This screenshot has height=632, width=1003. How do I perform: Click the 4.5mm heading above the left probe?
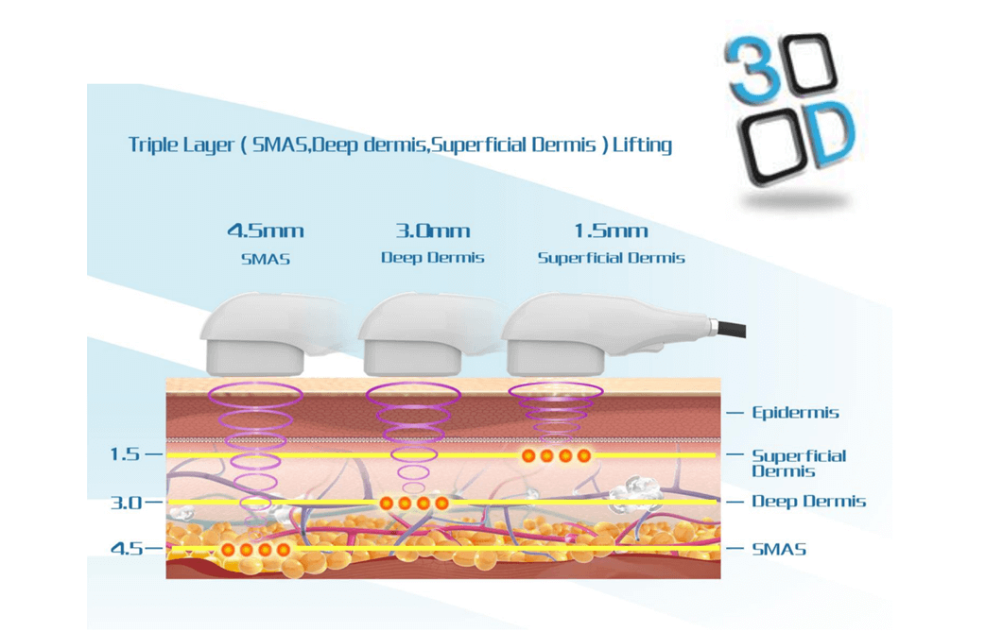[266, 231]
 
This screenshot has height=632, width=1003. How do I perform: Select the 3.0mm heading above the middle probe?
[433, 231]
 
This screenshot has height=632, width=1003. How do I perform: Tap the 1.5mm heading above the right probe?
[611, 231]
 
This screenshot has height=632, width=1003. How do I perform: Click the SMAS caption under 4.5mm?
[266, 260]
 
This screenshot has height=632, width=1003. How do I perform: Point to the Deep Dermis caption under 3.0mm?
[432, 258]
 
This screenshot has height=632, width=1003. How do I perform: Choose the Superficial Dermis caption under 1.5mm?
[611, 258]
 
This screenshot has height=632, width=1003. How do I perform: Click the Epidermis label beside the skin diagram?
[795, 413]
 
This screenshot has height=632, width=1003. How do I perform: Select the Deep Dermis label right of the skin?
[808, 502]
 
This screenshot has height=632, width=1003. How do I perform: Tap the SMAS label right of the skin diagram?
[778, 549]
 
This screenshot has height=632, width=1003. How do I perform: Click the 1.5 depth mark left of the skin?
[125, 454]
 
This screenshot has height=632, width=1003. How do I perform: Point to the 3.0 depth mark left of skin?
[126, 503]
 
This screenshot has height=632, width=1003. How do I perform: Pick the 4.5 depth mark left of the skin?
[127, 548]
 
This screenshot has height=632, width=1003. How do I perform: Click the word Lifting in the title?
[642, 145]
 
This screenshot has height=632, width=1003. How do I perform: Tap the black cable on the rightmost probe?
[732, 330]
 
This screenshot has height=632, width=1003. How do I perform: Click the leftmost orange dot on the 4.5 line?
[228, 550]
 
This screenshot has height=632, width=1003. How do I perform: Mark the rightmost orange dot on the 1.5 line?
[583, 455]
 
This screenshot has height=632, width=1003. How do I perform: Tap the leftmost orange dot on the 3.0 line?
[386, 504]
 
